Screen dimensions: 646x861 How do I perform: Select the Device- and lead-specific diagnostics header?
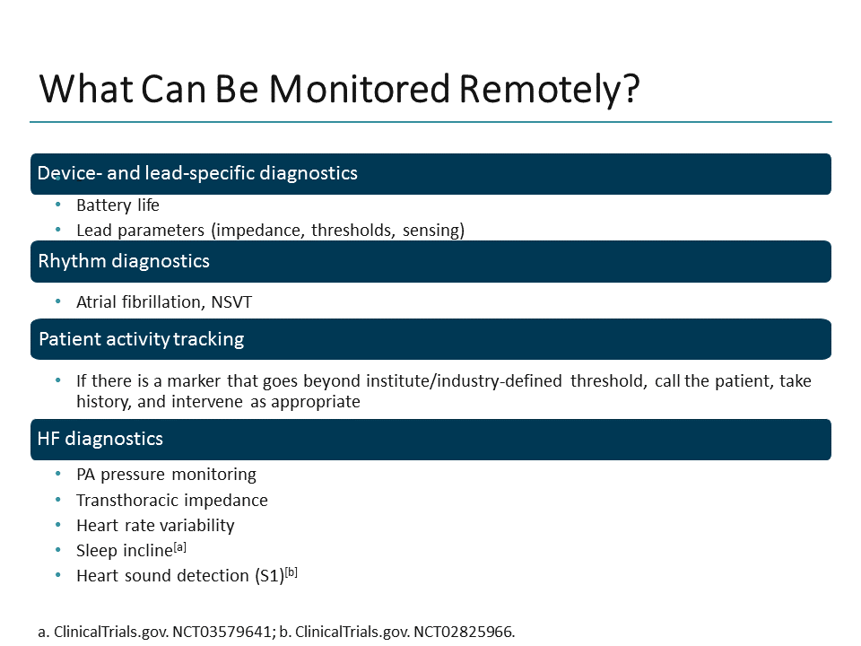point(197,173)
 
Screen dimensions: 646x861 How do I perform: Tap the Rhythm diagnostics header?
point(124,261)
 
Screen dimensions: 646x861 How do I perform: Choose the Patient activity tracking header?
point(141,339)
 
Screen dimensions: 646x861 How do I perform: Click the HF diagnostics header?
point(100,439)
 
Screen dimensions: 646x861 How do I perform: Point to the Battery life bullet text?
point(117,205)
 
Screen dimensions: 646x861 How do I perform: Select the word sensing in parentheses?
point(433,231)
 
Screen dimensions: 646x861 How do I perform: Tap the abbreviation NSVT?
point(231,302)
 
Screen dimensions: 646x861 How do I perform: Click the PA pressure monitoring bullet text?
point(166,474)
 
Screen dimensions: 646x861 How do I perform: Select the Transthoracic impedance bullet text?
point(171,500)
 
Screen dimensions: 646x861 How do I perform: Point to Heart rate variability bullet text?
point(155,525)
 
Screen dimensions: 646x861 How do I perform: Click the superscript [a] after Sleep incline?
point(178,546)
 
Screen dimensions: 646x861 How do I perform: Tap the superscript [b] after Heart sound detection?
point(290,572)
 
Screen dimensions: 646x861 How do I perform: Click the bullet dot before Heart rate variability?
point(58,525)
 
